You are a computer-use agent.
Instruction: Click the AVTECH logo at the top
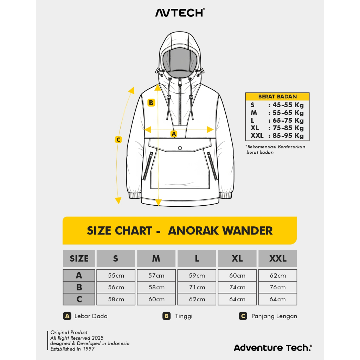click(180, 13)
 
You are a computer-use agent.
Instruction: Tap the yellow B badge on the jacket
click(151, 103)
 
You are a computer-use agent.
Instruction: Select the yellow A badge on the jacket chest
click(174, 134)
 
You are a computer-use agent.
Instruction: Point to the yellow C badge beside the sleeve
click(118, 140)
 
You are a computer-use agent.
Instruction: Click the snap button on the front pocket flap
click(180, 148)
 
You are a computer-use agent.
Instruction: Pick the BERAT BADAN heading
click(277, 96)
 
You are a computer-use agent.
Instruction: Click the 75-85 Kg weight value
click(288, 128)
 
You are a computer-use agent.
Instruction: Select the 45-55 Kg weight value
click(288, 105)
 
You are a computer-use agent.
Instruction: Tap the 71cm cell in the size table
click(197, 287)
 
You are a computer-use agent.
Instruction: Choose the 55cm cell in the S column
click(116, 275)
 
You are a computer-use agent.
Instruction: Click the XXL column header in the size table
click(278, 258)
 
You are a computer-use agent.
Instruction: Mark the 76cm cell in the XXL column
click(278, 287)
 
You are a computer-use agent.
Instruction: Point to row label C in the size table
click(79, 299)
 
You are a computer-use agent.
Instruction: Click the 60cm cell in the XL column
click(237, 275)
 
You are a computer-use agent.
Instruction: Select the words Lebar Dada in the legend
click(91, 316)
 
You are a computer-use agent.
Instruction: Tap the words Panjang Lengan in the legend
click(274, 316)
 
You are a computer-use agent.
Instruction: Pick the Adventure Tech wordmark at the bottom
click(273, 348)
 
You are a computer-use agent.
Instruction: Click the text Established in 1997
click(72, 349)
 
